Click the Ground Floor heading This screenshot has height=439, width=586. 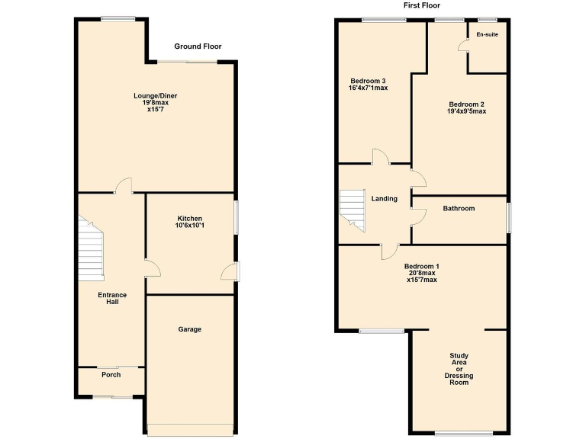198,46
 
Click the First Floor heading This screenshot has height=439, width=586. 423,6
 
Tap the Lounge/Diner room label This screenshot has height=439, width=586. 156,95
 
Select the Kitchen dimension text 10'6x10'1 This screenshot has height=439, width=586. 190,226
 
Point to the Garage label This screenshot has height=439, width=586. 190,329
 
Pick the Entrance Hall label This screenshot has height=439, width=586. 112,298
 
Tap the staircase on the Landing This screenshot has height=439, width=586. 353,208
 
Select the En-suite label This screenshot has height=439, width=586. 487,35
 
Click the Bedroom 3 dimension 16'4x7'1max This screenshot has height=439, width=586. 368,88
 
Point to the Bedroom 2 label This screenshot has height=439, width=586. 466,104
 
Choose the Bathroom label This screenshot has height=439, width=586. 459,208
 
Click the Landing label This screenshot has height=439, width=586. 385,199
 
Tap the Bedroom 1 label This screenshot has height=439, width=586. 421,266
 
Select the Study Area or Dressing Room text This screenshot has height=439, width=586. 459,369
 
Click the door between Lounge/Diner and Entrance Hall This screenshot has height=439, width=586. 123,185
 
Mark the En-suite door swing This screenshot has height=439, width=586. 462,45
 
